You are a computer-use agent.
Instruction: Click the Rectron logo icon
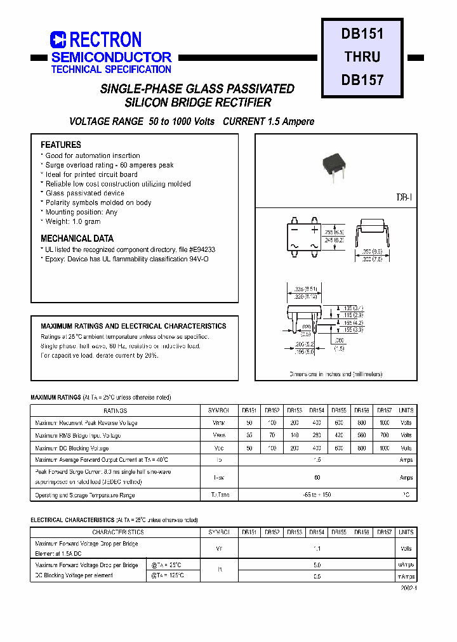coord(58,41)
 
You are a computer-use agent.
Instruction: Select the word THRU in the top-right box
coord(362,56)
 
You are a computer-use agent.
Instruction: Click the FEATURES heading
coord(61,145)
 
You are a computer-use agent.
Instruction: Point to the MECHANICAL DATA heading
coord(77,239)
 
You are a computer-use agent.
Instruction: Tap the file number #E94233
coord(202,250)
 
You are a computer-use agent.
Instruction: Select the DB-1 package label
coord(404,198)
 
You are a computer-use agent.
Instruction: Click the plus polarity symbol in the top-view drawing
coord(314,230)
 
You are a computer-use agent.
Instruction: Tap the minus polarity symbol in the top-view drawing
coord(295,230)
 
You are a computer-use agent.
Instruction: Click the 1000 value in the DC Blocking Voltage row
coord(385,448)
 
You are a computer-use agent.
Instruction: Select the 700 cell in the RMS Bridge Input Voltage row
coord(385,435)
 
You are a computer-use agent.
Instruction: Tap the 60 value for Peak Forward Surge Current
coord(317,477)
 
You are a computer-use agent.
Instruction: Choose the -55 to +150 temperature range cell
coord(317,495)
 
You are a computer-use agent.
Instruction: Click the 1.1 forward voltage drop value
coord(317,549)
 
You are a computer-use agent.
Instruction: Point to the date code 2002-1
coord(408,588)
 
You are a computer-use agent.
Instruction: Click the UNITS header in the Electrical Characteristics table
coord(406,532)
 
